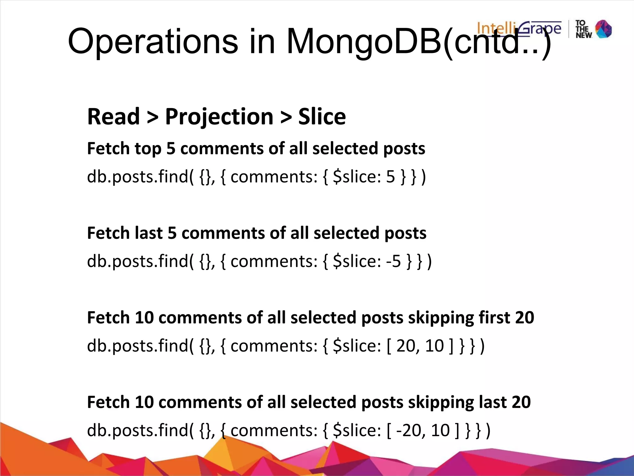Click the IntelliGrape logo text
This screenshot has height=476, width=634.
click(519, 29)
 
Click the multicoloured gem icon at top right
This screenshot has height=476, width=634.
click(603, 29)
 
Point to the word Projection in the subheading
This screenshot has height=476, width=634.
click(219, 117)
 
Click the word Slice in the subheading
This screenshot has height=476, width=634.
click(322, 117)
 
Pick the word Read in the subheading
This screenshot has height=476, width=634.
click(113, 117)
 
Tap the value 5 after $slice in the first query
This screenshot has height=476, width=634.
click(391, 177)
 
